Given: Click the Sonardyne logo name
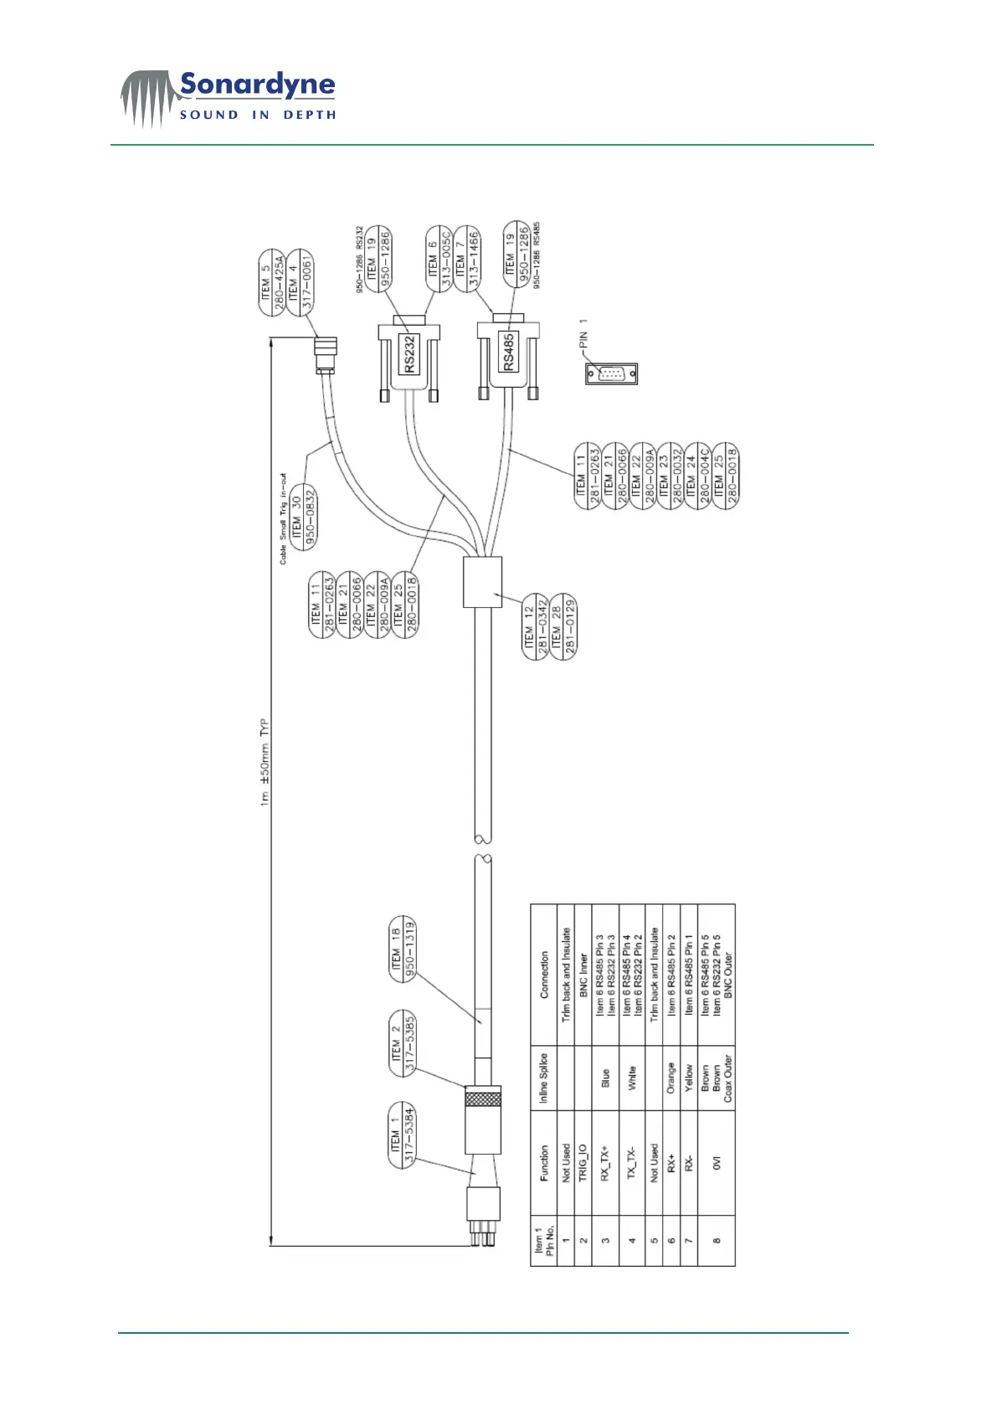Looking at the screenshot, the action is pyautogui.click(x=257, y=85).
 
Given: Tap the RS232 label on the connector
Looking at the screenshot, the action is pyautogui.click(x=409, y=354).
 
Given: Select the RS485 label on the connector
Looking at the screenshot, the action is pyautogui.click(x=508, y=352).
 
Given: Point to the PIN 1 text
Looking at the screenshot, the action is pyautogui.click(x=583, y=332).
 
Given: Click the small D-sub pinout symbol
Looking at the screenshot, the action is pyautogui.click(x=611, y=373).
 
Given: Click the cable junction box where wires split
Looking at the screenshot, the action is pyautogui.click(x=482, y=582).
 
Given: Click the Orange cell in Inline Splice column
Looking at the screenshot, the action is pyautogui.click(x=671, y=1078).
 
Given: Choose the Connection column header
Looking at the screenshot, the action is pyautogui.click(x=544, y=975).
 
